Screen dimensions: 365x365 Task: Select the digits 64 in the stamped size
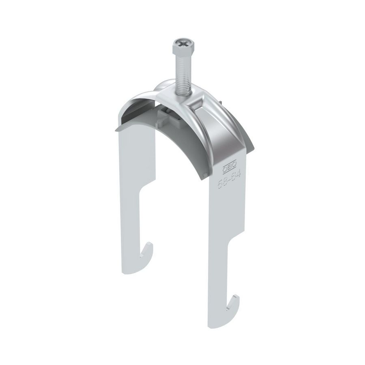click(x=240, y=175)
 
